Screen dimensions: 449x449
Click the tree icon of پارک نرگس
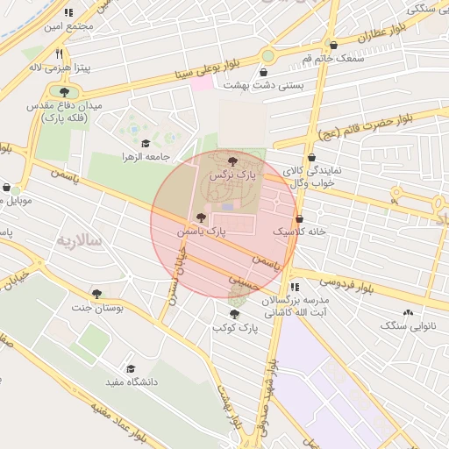tap(232, 161)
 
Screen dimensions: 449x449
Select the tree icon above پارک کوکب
tap(235, 313)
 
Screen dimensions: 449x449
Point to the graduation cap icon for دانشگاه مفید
tap(132, 369)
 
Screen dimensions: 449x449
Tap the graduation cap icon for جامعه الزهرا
tap(145, 143)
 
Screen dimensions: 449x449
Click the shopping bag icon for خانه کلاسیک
tap(300, 218)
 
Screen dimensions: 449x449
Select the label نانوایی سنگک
tap(406, 325)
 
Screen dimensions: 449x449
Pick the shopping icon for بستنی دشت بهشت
tap(264, 72)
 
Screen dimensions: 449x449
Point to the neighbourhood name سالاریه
tap(80, 239)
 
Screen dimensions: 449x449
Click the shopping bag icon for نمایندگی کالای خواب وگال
tap(311, 158)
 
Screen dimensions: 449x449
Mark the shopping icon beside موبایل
tap(7, 188)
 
